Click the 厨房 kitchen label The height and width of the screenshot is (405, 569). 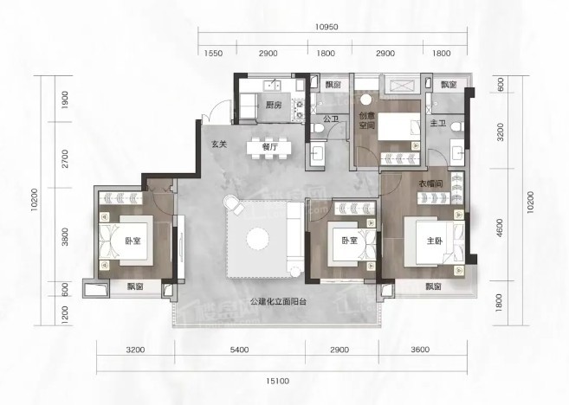(274, 106)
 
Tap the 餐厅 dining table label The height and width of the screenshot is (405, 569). (269, 147)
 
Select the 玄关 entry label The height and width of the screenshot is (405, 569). (219, 144)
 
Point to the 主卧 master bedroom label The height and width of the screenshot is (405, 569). (435, 241)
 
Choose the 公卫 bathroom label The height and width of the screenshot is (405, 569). (331, 119)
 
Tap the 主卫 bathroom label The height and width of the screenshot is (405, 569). (438, 123)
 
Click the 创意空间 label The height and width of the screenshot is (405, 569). (366, 121)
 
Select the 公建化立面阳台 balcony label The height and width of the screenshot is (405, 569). (279, 301)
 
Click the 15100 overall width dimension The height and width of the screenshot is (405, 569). (278, 381)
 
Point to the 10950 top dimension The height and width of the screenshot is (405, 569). (327, 27)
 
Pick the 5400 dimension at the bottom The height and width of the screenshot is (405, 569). (240, 350)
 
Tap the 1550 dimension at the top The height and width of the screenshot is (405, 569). (213, 54)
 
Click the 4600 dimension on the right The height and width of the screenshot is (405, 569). (500, 228)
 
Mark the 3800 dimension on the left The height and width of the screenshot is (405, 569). (65, 237)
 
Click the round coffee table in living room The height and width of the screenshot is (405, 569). (257, 239)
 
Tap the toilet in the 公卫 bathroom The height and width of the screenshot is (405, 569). (319, 128)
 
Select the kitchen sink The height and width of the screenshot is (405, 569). (272, 86)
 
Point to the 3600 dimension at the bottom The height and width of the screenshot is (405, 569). (421, 350)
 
